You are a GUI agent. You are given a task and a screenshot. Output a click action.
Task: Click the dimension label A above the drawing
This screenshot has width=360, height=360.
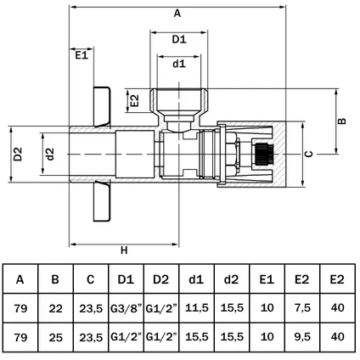point(177,13)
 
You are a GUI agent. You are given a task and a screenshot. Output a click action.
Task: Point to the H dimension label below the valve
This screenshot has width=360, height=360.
point(124,250)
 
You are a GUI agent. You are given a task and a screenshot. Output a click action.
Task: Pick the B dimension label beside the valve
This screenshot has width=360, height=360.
point(341,121)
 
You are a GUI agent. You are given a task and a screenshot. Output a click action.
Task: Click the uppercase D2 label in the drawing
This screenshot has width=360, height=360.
point(18,155)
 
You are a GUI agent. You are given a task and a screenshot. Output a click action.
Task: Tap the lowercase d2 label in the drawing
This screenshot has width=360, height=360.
point(51,154)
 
